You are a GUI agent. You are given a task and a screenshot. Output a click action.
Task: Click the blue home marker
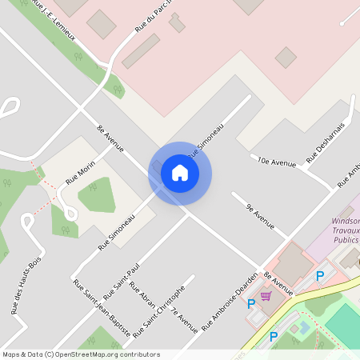180,173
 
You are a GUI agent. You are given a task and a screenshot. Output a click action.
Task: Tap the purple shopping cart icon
266,296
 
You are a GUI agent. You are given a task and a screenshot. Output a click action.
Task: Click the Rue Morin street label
81,171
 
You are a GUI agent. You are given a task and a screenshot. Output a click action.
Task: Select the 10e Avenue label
277,162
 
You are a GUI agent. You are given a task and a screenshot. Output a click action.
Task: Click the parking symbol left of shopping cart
251,303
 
